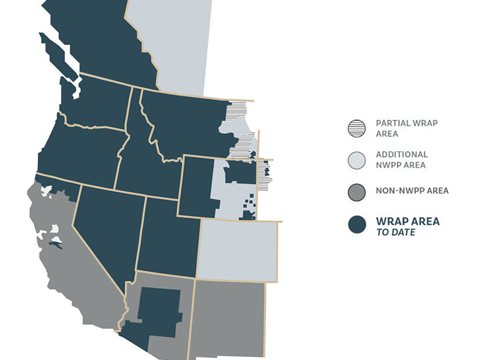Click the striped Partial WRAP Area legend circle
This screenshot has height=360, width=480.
click(x=357, y=128)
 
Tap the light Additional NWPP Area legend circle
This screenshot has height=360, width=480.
click(x=357, y=160)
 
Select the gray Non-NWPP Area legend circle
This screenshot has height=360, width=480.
click(x=357, y=192)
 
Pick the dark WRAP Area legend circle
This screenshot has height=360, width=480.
click(x=357, y=225)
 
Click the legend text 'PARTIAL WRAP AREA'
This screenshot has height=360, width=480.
click(x=406, y=128)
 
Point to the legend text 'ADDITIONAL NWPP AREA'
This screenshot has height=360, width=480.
click(x=402, y=160)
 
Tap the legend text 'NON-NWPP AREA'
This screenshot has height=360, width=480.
click(x=412, y=190)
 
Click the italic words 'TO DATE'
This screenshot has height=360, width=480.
click(x=396, y=232)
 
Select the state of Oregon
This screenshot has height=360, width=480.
click(x=81, y=151)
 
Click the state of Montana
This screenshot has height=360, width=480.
click(x=186, y=122)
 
